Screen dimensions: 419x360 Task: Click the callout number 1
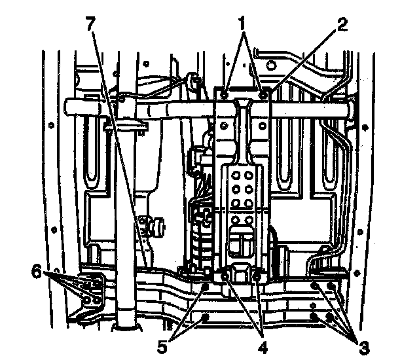pyautogui.click(x=243, y=23)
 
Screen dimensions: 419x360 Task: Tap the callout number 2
pyautogui.click(x=342, y=24)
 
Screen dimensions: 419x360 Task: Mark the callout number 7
pyautogui.click(x=90, y=24)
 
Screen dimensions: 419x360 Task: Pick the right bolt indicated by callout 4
pyautogui.click(x=257, y=278)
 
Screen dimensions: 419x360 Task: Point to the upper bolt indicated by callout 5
pyautogui.click(x=206, y=286)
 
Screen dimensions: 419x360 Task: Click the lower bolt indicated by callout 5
pyautogui.click(x=208, y=317)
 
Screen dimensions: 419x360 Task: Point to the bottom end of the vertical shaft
pyautogui.click(x=126, y=325)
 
